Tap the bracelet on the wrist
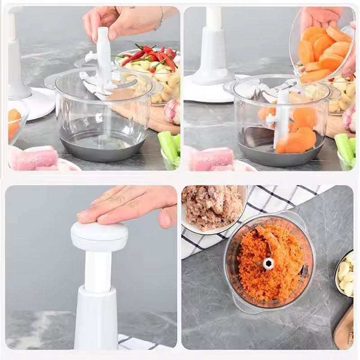pos(160,19)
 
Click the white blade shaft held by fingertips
pos(103,49)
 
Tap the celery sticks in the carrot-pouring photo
pos(346,148)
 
